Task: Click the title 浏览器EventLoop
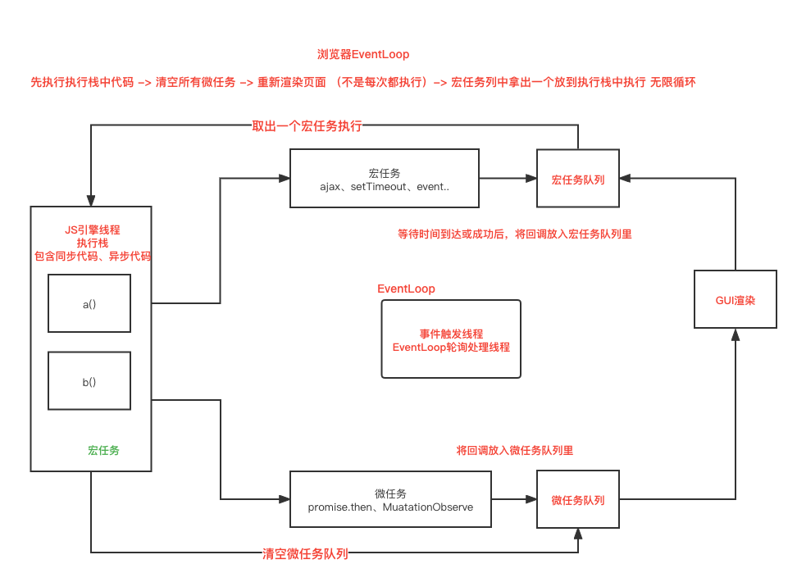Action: click(x=362, y=55)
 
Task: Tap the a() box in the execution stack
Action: click(x=89, y=303)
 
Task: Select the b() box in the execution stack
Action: click(x=89, y=381)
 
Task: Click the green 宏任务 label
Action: click(x=104, y=450)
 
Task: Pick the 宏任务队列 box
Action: click(x=578, y=179)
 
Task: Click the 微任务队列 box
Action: click(x=578, y=500)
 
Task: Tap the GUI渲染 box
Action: click(x=735, y=300)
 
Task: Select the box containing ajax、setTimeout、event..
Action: click(x=385, y=179)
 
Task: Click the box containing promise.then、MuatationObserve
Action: click(x=390, y=500)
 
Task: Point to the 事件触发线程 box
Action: click(x=451, y=339)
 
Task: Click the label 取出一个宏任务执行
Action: click(x=307, y=126)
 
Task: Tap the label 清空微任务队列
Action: click(x=305, y=553)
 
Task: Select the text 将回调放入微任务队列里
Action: click(x=514, y=450)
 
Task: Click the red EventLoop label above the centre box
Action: click(x=406, y=289)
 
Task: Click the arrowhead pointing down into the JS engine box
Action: click(x=91, y=201)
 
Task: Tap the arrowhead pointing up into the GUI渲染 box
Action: click(x=735, y=335)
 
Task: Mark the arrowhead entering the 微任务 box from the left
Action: click(x=285, y=499)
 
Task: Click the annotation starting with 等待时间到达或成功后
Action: click(x=514, y=234)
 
